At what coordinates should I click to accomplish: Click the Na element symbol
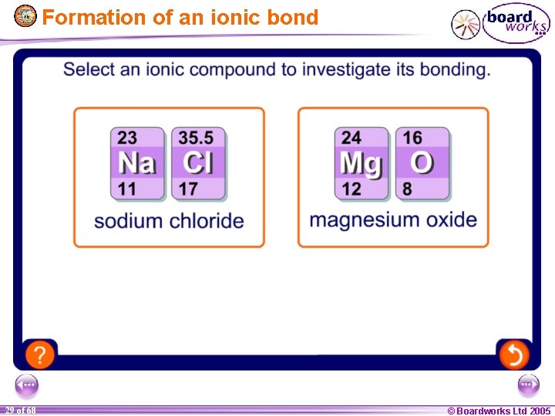[x=137, y=163]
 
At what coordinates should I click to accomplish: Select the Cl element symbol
[x=198, y=163]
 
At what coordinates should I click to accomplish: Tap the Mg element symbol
[x=361, y=163]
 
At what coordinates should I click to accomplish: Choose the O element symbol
[x=422, y=163]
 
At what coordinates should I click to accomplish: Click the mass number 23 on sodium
[x=127, y=138]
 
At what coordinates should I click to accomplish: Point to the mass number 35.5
[x=196, y=138]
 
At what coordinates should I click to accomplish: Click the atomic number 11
[x=126, y=188]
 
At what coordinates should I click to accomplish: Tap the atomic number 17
[x=188, y=188]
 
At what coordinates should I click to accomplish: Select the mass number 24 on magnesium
[x=351, y=138]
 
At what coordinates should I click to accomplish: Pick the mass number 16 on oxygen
[x=412, y=138]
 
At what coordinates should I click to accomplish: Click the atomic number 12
[x=351, y=188]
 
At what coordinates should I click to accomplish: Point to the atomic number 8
[x=407, y=188]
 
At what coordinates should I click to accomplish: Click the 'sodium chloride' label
[x=169, y=221]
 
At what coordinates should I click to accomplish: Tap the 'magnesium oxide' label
[x=393, y=220]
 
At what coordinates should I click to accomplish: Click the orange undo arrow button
[x=513, y=354]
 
